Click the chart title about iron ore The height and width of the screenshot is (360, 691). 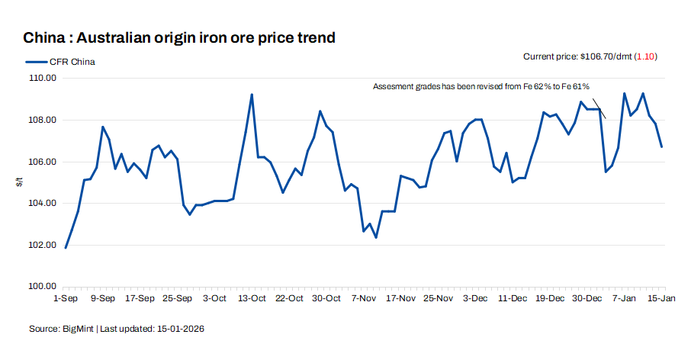pos(179,37)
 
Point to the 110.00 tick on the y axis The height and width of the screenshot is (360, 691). pos(43,79)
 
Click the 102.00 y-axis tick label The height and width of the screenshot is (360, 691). pos(43,245)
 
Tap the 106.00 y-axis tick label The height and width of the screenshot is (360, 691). pos(43,162)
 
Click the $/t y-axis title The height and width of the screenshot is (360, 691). pos(20,182)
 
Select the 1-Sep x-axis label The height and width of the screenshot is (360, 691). pos(65,298)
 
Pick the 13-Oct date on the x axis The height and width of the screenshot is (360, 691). pos(252,298)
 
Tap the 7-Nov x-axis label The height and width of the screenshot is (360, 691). pos(363,298)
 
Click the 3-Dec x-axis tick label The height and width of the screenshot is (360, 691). pos(476,298)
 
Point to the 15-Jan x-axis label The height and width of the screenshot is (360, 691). pos(661,298)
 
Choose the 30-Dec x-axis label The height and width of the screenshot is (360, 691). pos(587,298)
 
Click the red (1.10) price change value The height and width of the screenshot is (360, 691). pos(646,56)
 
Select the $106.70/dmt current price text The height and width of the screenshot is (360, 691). pos(606,56)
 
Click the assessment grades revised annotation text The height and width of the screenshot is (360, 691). pos(480,87)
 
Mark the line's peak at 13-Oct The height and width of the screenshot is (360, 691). pos(252,95)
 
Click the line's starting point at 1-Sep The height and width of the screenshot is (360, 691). pos(66,248)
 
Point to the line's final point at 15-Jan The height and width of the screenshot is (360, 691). pos(661,146)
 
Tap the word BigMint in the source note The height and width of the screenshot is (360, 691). pos(79,329)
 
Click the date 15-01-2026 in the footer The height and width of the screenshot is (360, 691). pos(181,329)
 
